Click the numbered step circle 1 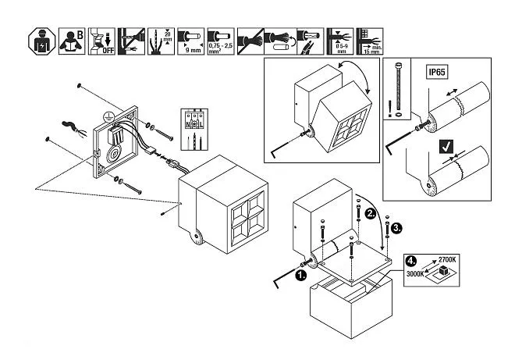coord(302,273)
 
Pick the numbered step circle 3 coord(397,228)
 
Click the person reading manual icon coord(71,39)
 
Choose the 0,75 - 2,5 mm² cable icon coord(220,39)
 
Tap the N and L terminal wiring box coord(194,125)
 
